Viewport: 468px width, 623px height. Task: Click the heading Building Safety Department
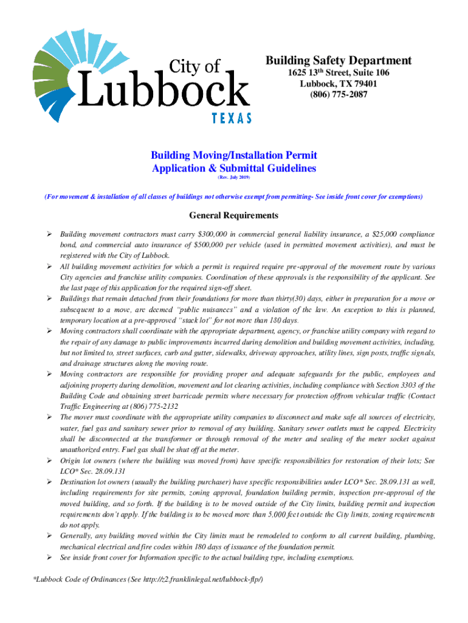(x=339, y=61)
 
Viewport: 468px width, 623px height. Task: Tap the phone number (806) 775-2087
(x=339, y=95)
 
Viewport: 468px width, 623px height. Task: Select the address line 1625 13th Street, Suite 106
(x=339, y=73)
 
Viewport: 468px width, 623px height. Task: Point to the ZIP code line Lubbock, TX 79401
(x=339, y=84)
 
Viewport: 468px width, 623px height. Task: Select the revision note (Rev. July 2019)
(x=234, y=177)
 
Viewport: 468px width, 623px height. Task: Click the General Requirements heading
(x=234, y=216)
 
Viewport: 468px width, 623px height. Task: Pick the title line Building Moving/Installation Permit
(x=234, y=156)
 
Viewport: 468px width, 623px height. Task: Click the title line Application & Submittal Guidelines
(x=234, y=168)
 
